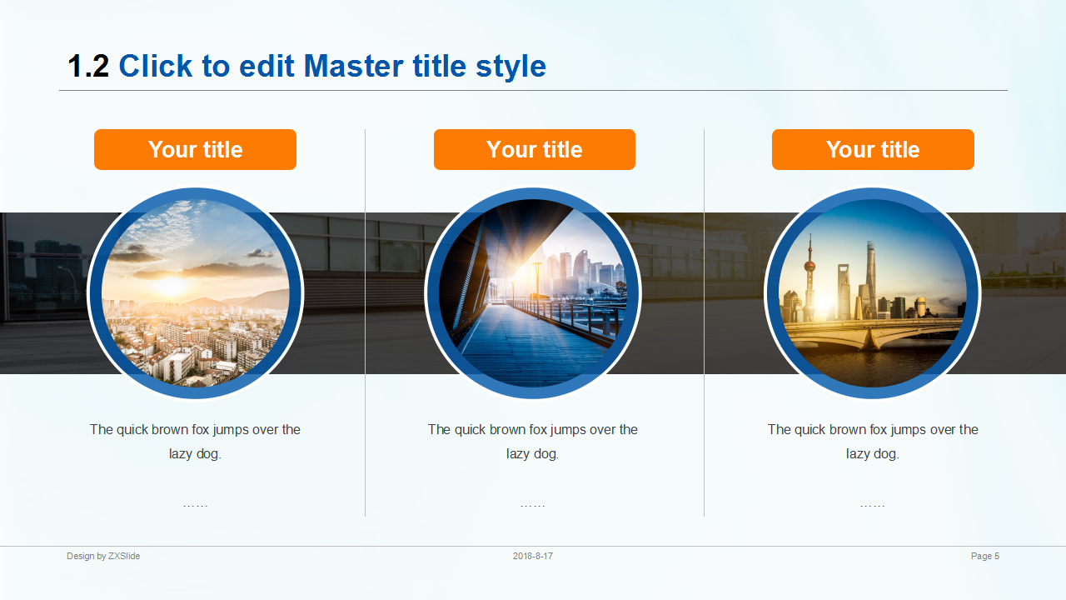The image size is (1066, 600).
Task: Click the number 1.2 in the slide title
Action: click(x=88, y=66)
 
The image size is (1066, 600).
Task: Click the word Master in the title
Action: click(x=354, y=66)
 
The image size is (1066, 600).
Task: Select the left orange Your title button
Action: click(x=195, y=149)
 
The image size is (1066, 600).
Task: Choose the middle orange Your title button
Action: click(x=535, y=149)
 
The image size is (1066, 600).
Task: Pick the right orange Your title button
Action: click(x=873, y=149)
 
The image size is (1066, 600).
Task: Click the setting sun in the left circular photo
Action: click(x=171, y=286)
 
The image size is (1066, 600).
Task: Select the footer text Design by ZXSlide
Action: click(x=103, y=556)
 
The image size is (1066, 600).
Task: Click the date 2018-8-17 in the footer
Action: click(x=532, y=556)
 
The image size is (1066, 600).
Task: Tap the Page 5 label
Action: click(x=985, y=556)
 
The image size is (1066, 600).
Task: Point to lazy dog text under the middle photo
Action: click(x=532, y=454)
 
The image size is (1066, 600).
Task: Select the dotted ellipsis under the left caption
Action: click(x=195, y=506)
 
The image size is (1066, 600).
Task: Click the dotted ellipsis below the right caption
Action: click(x=872, y=506)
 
